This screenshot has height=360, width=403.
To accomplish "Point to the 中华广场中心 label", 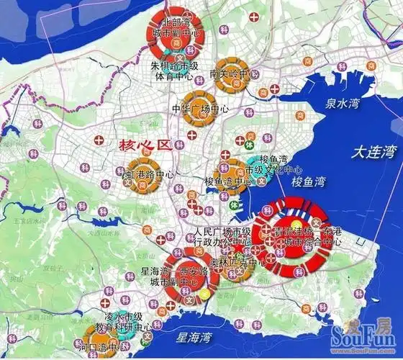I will [x=200, y=109].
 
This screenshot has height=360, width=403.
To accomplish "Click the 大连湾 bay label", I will [x=371, y=152].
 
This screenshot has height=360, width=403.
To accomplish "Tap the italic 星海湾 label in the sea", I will [x=195, y=336].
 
